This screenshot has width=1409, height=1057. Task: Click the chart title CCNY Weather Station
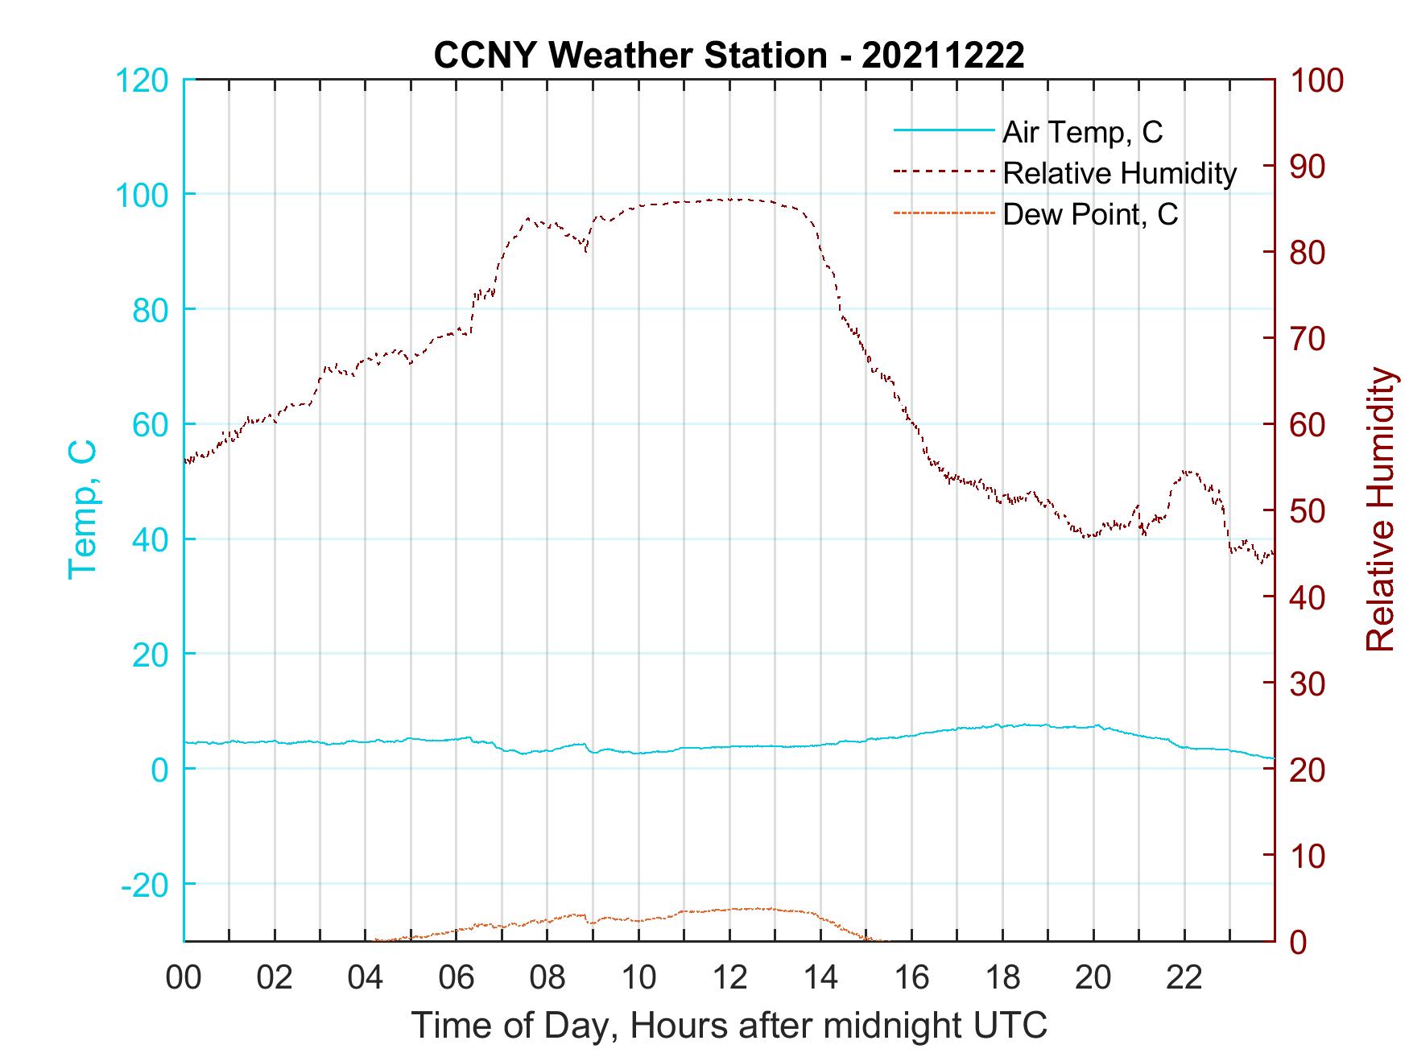tap(729, 56)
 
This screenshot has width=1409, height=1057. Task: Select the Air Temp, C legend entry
tap(1082, 132)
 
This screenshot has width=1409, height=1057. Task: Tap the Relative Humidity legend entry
tap(1119, 173)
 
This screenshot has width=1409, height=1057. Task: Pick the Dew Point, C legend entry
tap(1089, 214)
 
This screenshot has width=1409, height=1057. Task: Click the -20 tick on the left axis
tap(145, 885)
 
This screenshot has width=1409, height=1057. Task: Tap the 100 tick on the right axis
tap(1317, 81)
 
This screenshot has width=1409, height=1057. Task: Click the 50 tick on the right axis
tap(1309, 511)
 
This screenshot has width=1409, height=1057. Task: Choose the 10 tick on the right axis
tap(1309, 856)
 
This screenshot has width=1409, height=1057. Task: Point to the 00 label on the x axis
tap(184, 977)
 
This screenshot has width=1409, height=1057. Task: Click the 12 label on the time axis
tap(729, 977)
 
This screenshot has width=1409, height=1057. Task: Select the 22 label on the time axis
tap(1184, 977)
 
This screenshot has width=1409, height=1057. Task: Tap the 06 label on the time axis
tap(457, 977)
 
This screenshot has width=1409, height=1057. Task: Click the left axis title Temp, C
tap(83, 509)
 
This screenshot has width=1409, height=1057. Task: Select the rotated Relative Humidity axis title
tap(1380, 509)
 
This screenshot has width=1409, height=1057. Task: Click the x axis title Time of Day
tap(729, 1026)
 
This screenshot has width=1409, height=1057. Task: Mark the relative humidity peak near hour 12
tap(731, 199)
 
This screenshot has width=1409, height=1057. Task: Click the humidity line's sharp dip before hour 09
tap(586, 251)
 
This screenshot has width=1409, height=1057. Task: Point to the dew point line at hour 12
tap(729, 909)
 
